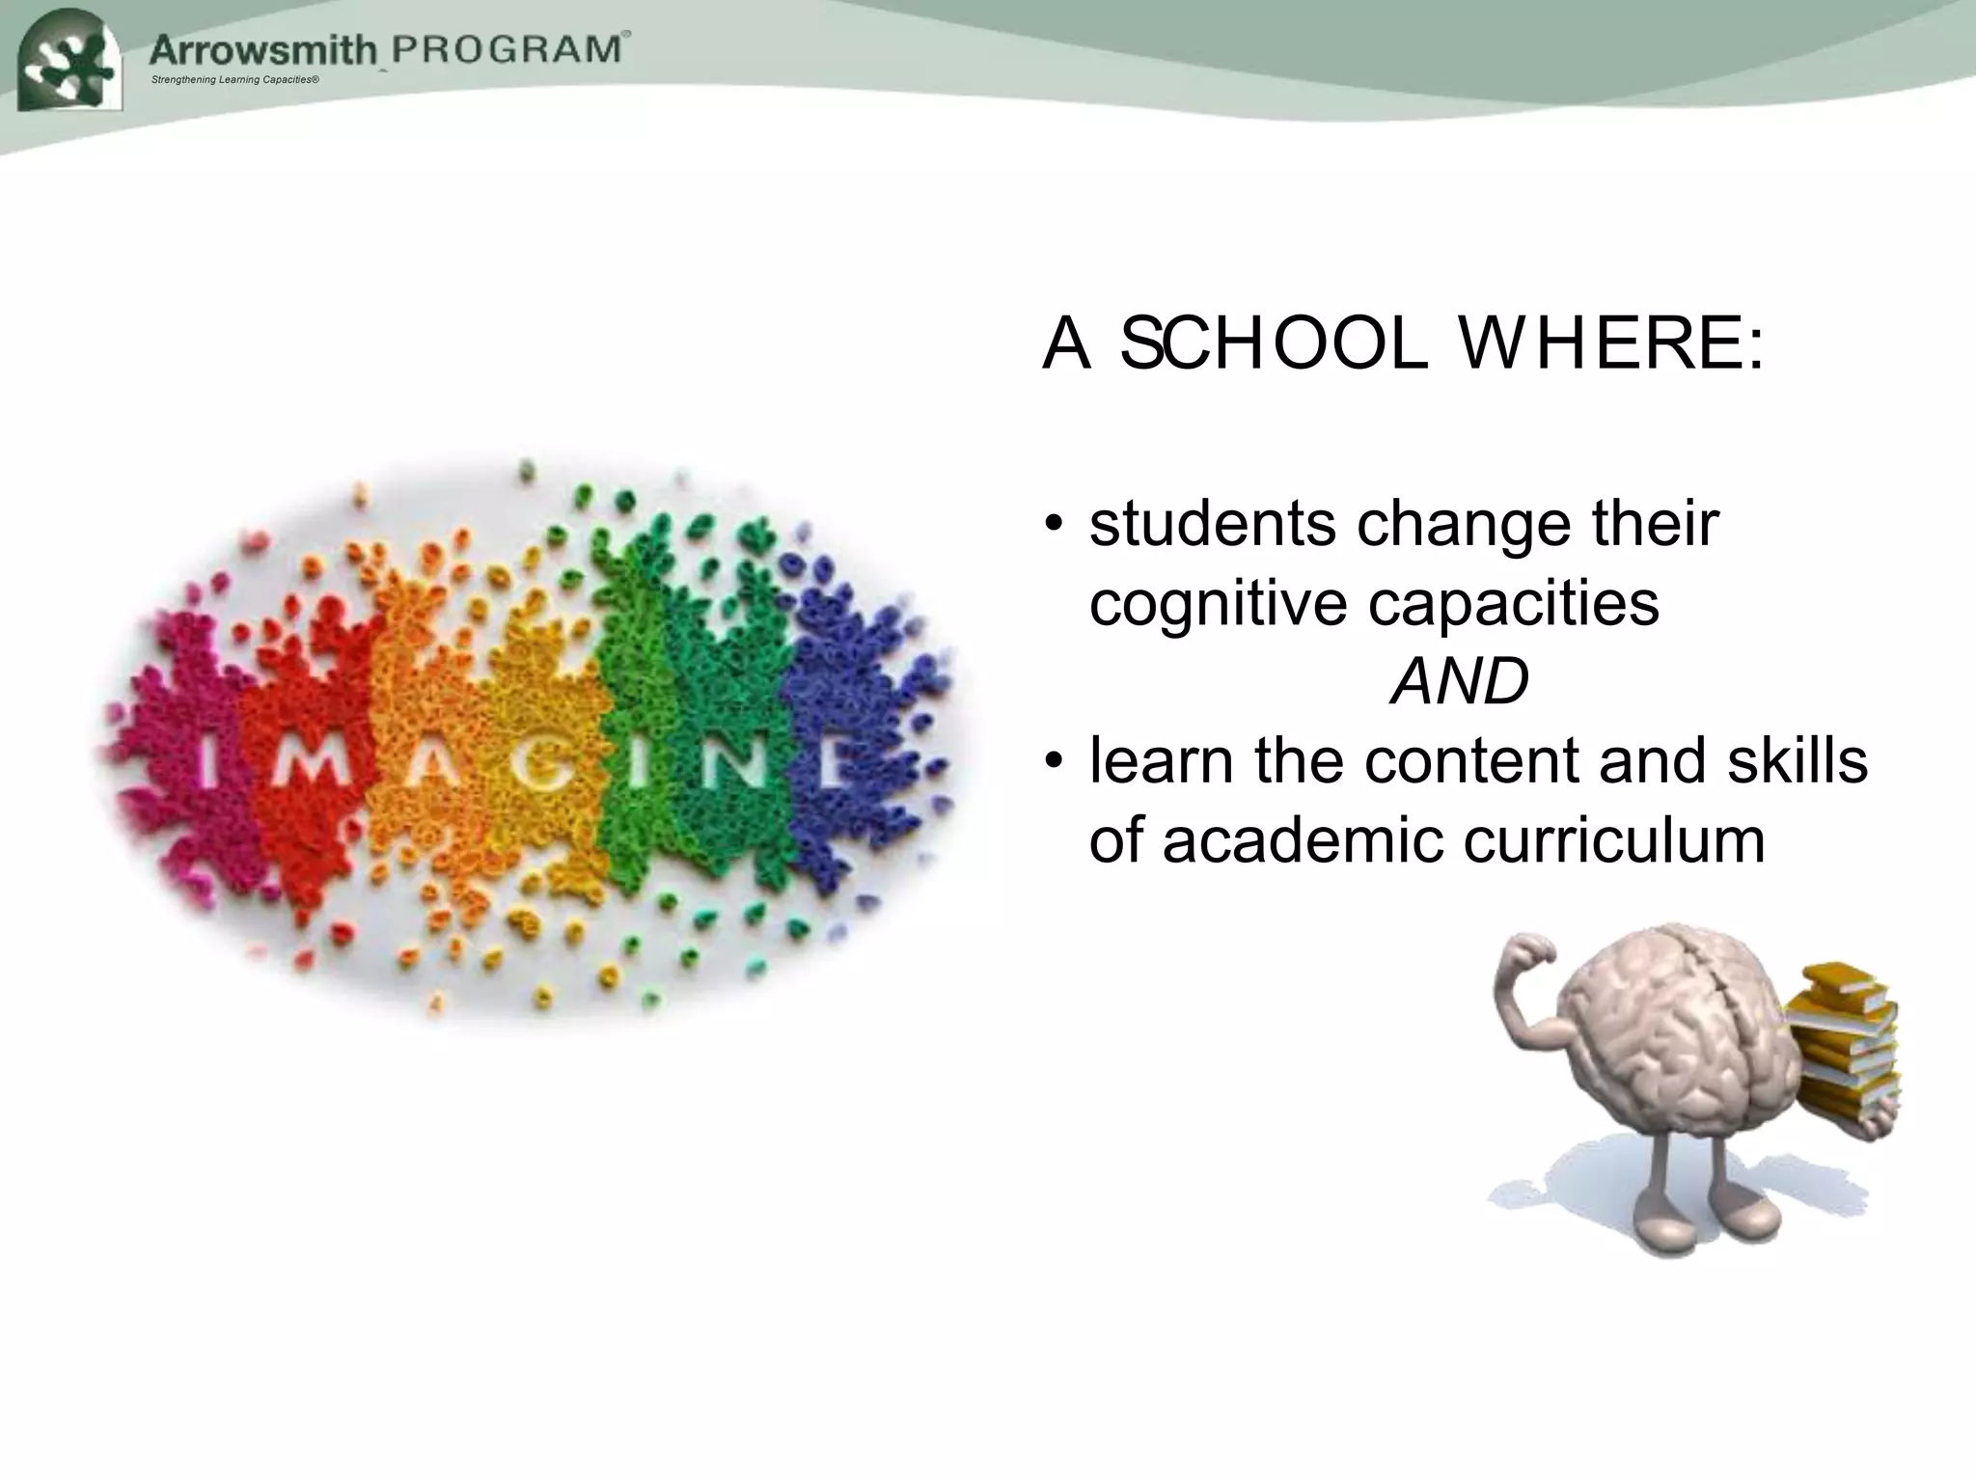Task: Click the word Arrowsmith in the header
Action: [x=262, y=48]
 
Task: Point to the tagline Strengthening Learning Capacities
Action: [x=235, y=79]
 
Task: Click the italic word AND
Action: [x=1459, y=681]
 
